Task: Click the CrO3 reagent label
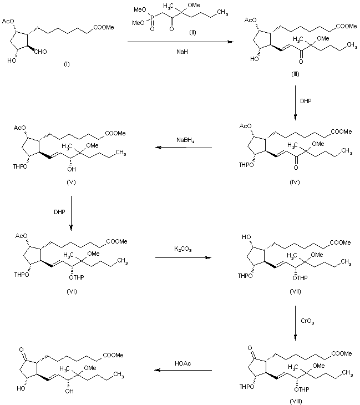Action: coord(308,321)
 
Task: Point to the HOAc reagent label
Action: coord(182,363)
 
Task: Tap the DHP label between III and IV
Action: coord(307,102)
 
